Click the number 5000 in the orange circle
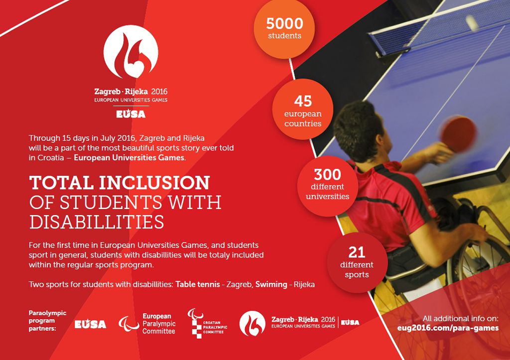(284, 23)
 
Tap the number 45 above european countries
(303, 101)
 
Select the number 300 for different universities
(327, 175)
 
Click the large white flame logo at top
(130, 52)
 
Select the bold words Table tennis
(198, 284)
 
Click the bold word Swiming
(271, 284)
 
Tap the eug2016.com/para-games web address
(448, 328)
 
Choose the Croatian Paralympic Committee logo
(207, 323)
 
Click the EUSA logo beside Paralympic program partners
(90, 324)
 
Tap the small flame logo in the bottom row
(252, 323)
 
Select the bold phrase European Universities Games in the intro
(129, 158)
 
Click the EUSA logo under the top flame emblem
(130, 114)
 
